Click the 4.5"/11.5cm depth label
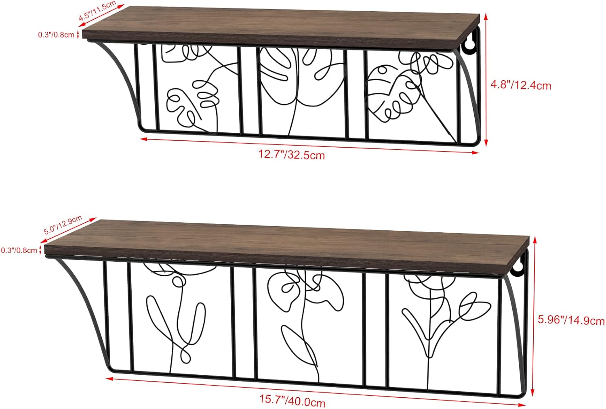[x=97, y=12]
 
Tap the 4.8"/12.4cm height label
[x=520, y=85]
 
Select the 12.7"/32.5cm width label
[x=291, y=154]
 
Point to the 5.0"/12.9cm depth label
[x=63, y=225]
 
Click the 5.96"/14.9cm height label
[x=571, y=320]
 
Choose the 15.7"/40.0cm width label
[x=292, y=402]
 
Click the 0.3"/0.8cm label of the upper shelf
[x=56, y=35]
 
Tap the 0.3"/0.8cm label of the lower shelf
[x=19, y=250]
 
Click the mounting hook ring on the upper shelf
[x=469, y=46]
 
